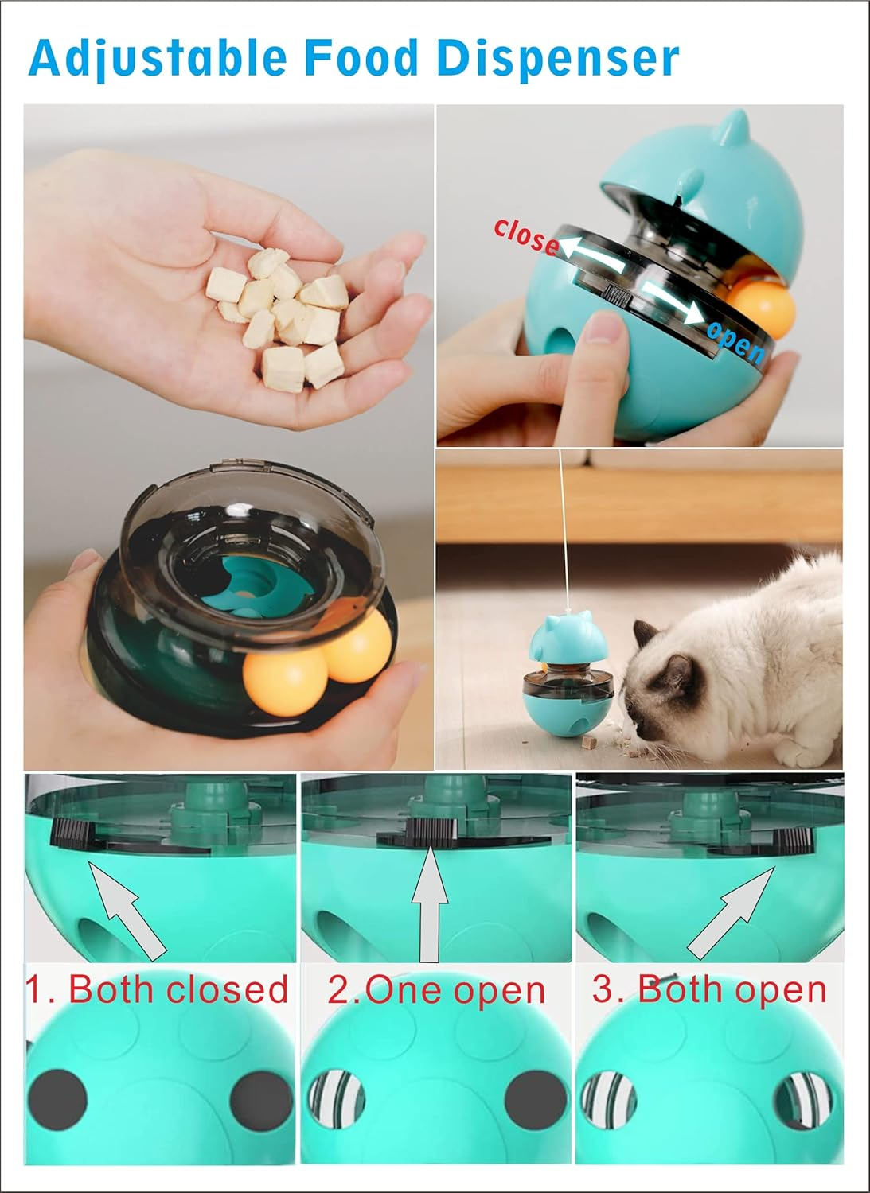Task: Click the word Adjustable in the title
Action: [x=157, y=58]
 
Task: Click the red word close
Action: [x=525, y=236]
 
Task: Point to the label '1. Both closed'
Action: [x=157, y=989]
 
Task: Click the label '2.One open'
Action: [x=436, y=990]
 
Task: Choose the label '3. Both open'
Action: [x=709, y=989]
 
